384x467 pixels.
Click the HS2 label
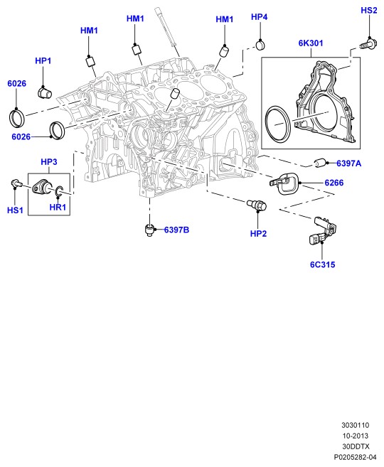[x=369, y=11]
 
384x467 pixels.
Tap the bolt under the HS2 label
[x=368, y=44]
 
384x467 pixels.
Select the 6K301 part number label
[x=311, y=43]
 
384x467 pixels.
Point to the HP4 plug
[x=261, y=45]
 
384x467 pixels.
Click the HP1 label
[x=43, y=60]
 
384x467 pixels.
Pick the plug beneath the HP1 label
[x=45, y=92]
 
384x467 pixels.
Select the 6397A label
[x=349, y=163]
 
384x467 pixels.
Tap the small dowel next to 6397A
[x=320, y=163]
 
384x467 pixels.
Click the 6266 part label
[x=334, y=183]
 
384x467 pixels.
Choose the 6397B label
[x=176, y=230]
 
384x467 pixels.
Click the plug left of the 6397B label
[x=151, y=230]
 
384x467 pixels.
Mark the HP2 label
[x=258, y=234]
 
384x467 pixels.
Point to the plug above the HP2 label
[x=257, y=205]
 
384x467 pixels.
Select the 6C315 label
[x=323, y=264]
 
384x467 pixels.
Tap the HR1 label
[x=58, y=208]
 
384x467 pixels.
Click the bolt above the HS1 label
[x=16, y=183]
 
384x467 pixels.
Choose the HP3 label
[x=49, y=162]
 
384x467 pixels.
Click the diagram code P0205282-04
[x=355, y=457]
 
